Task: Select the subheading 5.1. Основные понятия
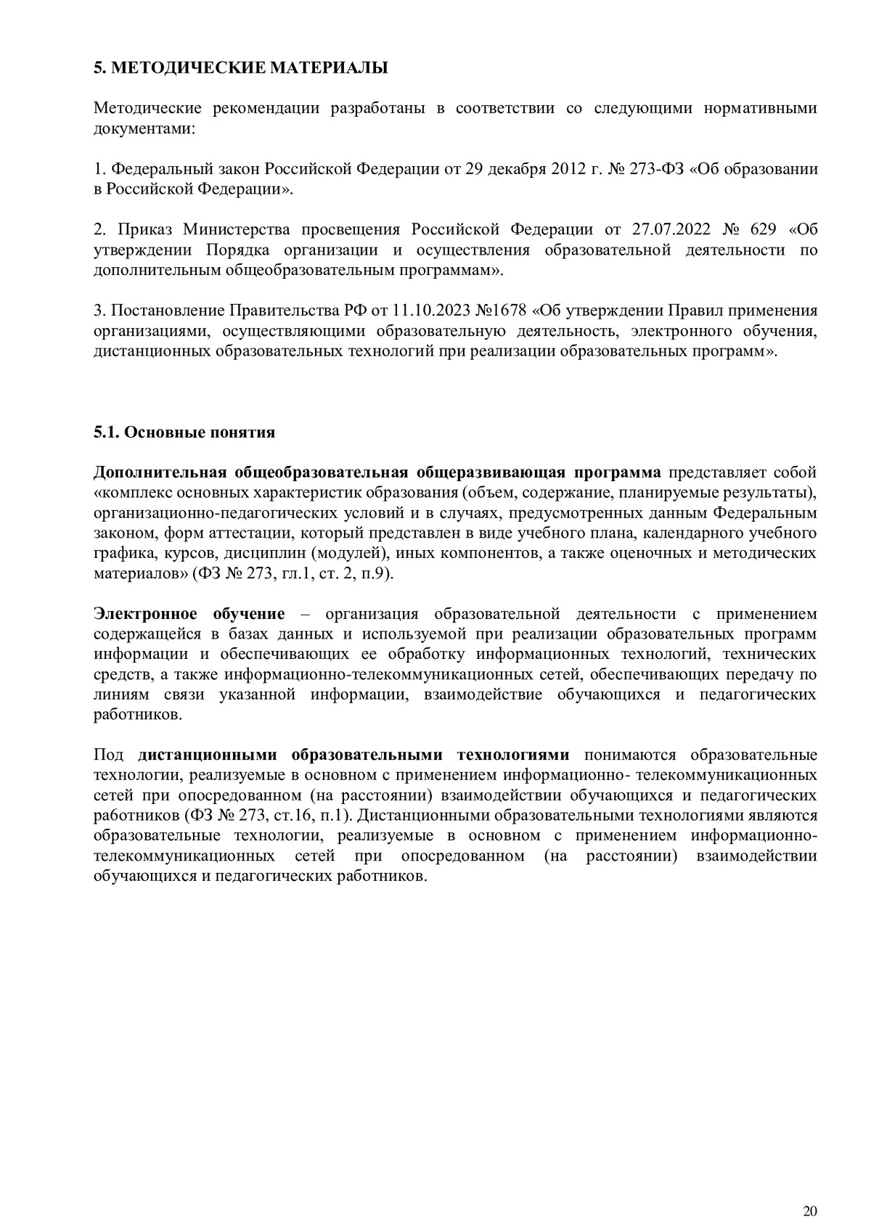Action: click(x=184, y=432)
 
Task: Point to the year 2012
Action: click(x=565, y=170)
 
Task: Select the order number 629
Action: click(x=764, y=230)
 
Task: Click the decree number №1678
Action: click(x=500, y=311)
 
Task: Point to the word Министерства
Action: click(x=236, y=230)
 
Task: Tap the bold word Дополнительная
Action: click(x=160, y=473)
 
